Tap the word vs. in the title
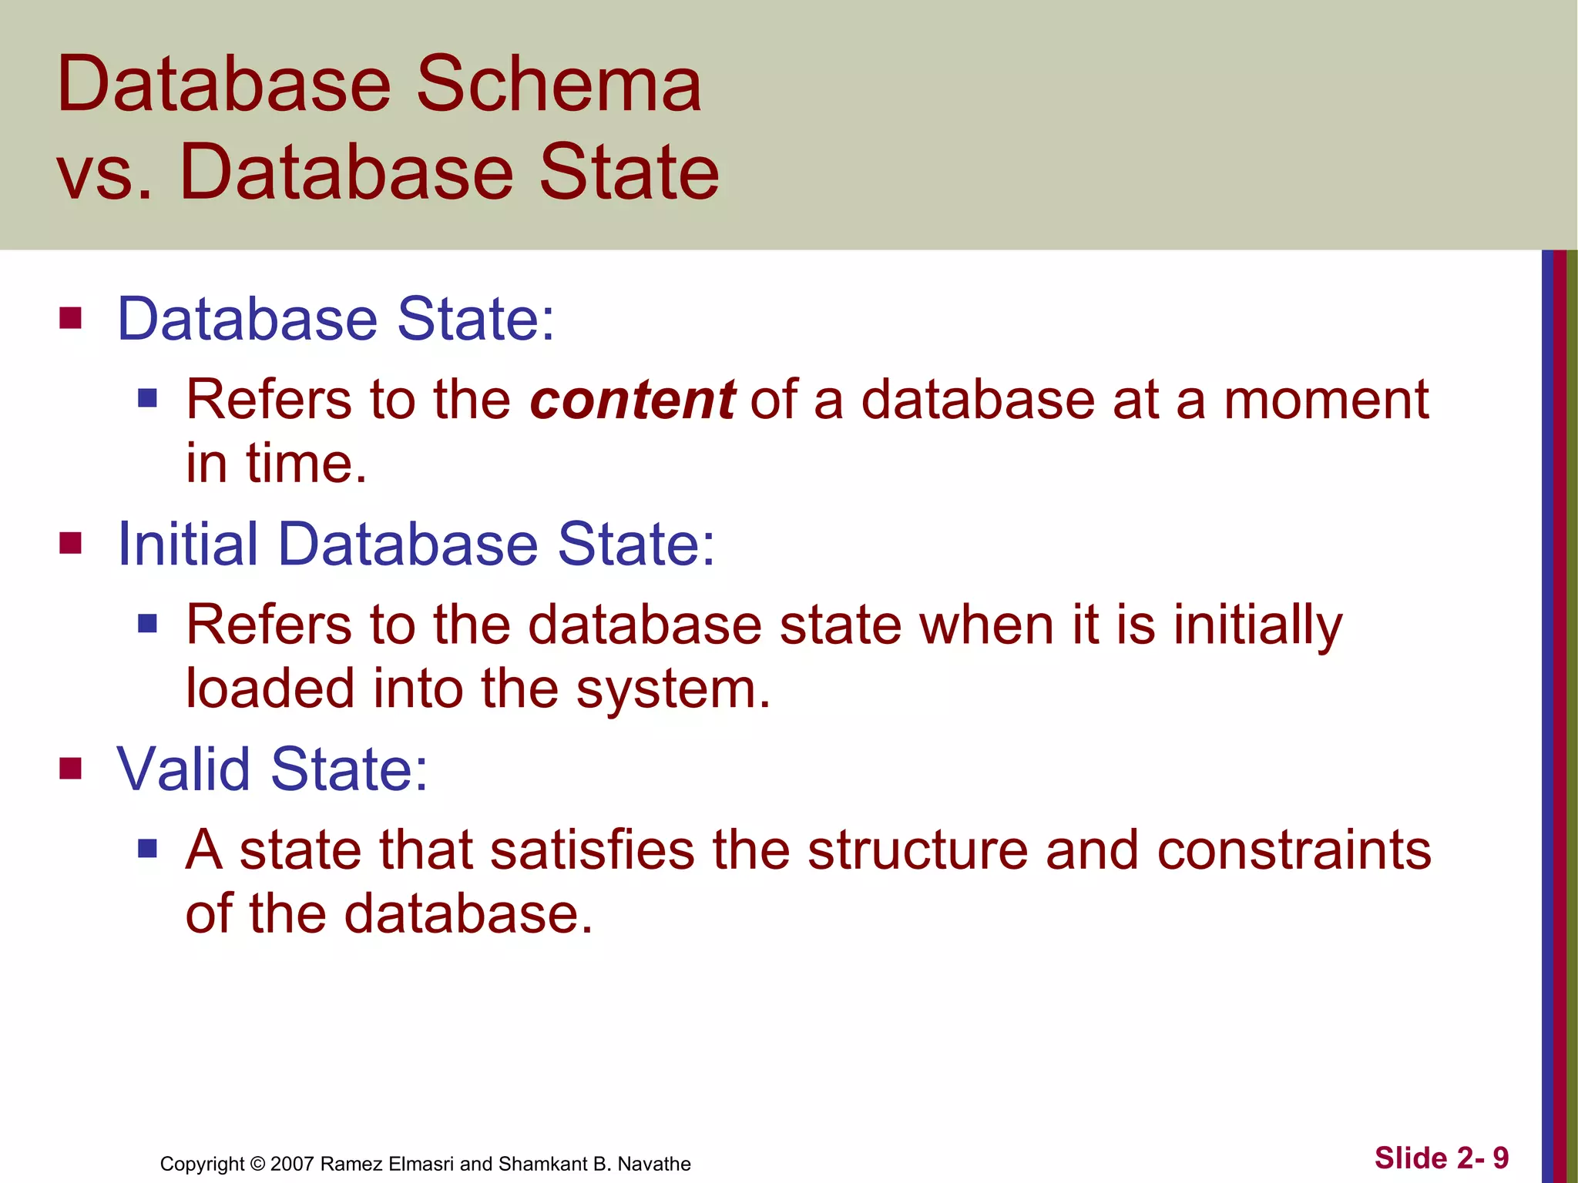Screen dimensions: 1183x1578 click(x=104, y=173)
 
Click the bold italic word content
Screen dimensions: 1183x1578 click(x=632, y=400)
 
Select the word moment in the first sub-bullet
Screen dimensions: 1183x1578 click(x=1326, y=400)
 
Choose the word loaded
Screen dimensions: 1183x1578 click(x=270, y=689)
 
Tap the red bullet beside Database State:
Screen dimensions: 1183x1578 click(x=70, y=318)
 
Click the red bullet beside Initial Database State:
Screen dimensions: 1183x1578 click(x=70, y=544)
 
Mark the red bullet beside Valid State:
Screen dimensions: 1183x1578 click(x=70, y=769)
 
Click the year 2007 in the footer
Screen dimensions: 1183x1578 click(x=292, y=1164)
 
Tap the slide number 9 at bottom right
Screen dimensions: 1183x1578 click(x=1500, y=1158)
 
